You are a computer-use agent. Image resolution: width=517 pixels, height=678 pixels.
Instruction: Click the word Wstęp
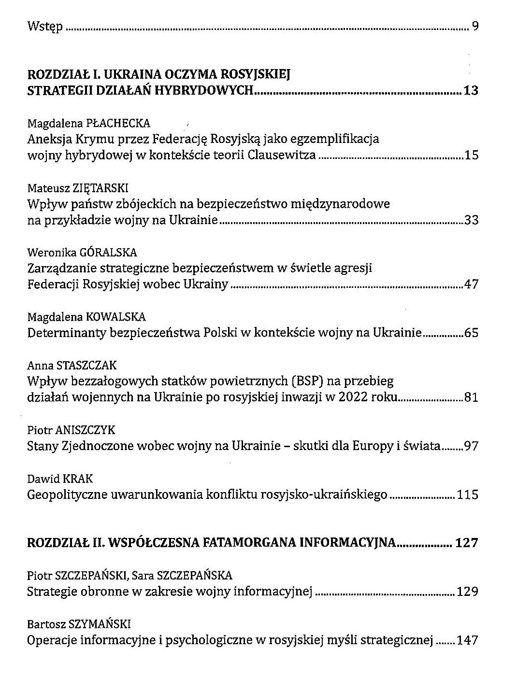tap(44, 27)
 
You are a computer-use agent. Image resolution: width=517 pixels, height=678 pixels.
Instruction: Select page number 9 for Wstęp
tap(474, 26)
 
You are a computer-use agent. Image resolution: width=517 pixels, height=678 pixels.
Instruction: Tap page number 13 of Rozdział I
tap(470, 90)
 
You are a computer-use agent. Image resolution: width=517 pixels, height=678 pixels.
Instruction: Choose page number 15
tap(471, 155)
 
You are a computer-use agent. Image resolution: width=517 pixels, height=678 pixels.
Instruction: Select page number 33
tap(471, 220)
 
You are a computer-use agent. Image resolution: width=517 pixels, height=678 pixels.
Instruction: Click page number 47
tap(471, 284)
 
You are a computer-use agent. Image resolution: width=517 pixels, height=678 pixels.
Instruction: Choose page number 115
tap(467, 494)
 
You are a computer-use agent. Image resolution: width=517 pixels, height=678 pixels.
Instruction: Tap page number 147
tap(467, 640)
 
